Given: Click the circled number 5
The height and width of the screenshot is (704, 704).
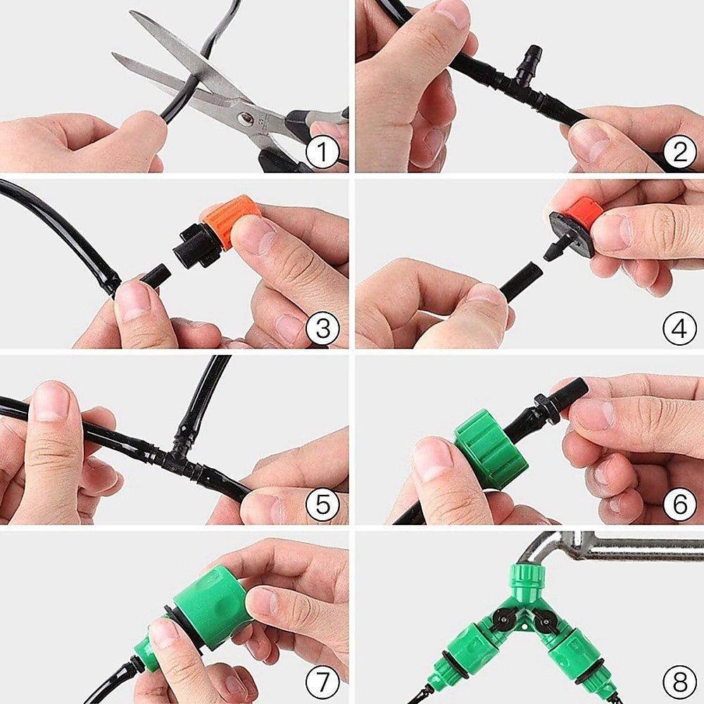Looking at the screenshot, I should click(x=322, y=504).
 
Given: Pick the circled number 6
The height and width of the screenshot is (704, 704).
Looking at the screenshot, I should click(x=679, y=504).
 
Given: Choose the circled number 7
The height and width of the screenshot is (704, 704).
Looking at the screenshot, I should click(x=322, y=681).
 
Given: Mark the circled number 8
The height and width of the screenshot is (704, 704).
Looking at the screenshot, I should click(x=679, y=681).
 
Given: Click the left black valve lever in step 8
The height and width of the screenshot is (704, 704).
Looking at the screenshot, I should click(x=501, y=617).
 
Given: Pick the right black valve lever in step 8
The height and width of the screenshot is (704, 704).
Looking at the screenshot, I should click(x=542, y=620).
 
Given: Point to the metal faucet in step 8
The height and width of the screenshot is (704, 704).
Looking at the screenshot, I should click(x=612, y=546).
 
